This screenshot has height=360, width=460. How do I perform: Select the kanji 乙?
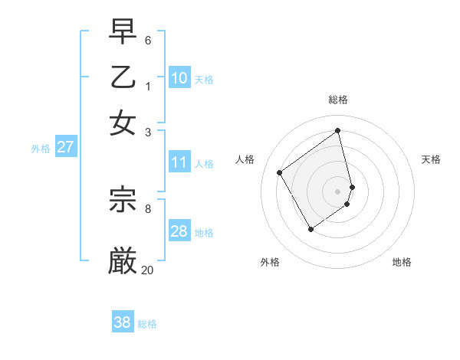[x=123, y=78]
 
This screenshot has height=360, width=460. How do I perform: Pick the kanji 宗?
[x=123, y=200]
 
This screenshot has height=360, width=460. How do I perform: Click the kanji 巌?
[x=123, y=260]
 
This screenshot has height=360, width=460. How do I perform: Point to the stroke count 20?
[x=147, y=270]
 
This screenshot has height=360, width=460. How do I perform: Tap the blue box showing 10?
[x=179, y=77]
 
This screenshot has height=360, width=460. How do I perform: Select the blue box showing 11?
[x=179, y=162]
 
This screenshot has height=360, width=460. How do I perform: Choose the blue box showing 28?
[x=179, y=231]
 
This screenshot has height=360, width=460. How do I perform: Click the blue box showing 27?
[x=65, y=147]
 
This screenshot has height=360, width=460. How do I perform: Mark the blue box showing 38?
[x=123, y=322]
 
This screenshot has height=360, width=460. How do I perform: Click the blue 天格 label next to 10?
[x=204, y=80]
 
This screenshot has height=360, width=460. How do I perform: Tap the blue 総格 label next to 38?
[x=147, y=325]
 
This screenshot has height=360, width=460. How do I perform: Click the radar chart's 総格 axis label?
[x=338, y=100]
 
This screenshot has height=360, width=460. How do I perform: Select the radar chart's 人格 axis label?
[x=245, y=159]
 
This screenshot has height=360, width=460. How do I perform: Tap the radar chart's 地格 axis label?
[x=402, y=262]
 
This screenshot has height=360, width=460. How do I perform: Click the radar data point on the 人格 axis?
[x=280, y=172]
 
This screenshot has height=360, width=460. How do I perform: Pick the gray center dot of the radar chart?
[x=338, y=191]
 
